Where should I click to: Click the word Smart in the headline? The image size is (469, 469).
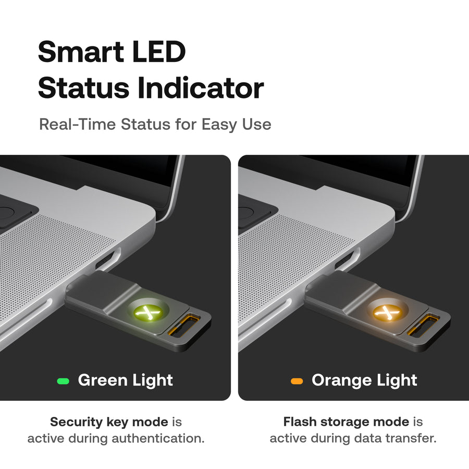pyautogui.click(x=81, y=52)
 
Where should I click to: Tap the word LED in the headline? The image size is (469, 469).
pyautogui.click(x=159, y=52)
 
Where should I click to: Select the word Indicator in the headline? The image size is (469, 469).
pyautogui.click(x=201, y=88)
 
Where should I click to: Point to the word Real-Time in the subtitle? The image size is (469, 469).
pyautogui.click(x=78, y=124)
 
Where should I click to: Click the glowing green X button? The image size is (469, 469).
pyautogui.click(x=147, y=312)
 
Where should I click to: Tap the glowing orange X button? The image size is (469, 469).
pyautogui.click(x=387, y=312)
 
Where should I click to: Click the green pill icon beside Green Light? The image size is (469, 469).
pyautogui.click(x=63, y=381)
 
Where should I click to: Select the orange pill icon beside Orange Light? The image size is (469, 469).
pyautogui.click(x=297, y=381)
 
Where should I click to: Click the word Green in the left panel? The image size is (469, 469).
pyautogui.click(x=103, y=380)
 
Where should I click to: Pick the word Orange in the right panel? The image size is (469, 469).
pyautogui.click(x=342, y=380)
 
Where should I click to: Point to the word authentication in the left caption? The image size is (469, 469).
pyautogui.click(x=158, y=438)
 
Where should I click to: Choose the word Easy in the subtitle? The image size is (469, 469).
pyautogui.click(x=219, y=125)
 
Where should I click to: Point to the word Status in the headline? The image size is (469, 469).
pyautogui.click(x=84, y=88)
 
